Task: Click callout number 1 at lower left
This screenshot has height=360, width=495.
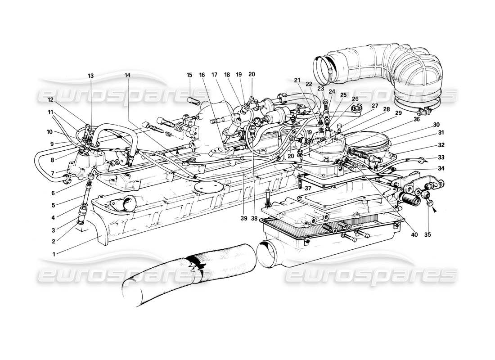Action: click(x=54, y=253)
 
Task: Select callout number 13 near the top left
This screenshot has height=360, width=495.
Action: click(x=91, y=76)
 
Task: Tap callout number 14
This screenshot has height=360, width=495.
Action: click(x=127, y=76)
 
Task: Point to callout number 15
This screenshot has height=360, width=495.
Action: click(x=189, y=75)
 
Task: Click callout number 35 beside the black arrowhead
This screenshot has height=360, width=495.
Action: click(x=427, y=234)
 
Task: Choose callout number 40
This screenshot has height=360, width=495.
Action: click(x=414, y=234)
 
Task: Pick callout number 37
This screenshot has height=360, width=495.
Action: click(x=307, y=188)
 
